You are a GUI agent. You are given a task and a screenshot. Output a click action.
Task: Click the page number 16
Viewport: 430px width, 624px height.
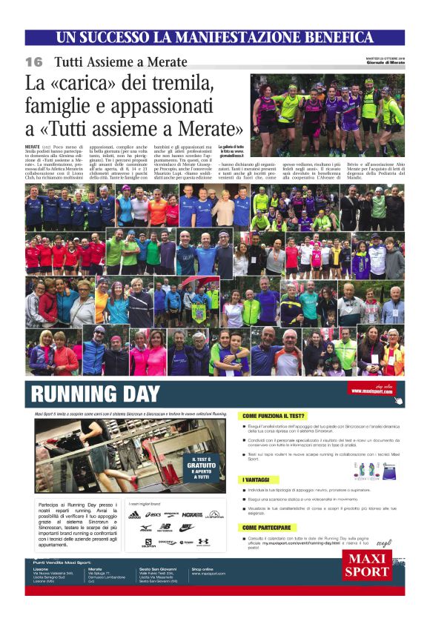[34, 61]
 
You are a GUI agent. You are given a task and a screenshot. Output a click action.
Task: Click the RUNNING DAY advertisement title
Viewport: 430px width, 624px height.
[96, 392]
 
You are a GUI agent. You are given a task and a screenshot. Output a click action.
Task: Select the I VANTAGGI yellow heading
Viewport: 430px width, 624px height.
[259, 480]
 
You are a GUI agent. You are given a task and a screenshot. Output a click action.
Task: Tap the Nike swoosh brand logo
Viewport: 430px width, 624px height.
[188, 527]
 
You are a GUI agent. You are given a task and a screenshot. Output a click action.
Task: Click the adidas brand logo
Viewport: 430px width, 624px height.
[134, 514]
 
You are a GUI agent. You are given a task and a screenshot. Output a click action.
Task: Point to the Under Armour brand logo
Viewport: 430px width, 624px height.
[203, 542]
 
